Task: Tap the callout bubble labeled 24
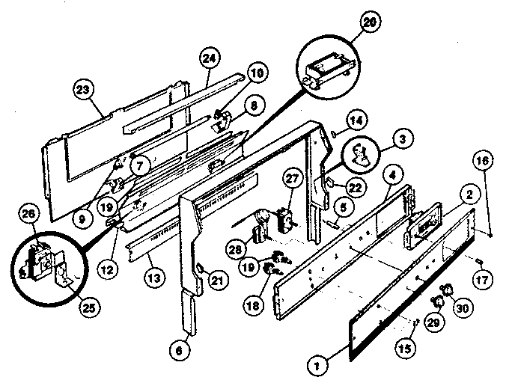point(210,58)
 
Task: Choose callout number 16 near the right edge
point(482,160)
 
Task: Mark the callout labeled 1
point(317,366)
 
